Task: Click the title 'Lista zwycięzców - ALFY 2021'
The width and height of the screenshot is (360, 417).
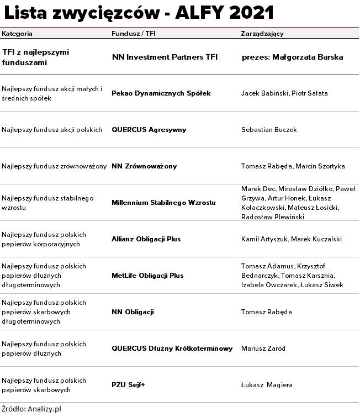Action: [x=139, y=13]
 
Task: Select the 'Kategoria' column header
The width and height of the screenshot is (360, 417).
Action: [x=17, y=34]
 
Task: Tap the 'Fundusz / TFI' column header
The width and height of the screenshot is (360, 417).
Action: [x=133, y=34]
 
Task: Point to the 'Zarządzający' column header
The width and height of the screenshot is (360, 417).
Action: [x=262, y=34]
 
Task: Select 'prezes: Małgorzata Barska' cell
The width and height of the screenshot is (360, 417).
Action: [x=293, y=57]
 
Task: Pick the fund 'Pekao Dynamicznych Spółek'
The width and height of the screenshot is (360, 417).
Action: [x=161, y=93]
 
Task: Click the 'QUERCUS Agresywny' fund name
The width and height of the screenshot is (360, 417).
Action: [x=149, y=130]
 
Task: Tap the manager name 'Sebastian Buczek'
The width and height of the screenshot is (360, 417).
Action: [x=269, y=130]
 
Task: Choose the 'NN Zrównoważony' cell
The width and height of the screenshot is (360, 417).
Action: [x=144, y=166]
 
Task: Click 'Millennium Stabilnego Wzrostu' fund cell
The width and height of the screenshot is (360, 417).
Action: [x=163, y=203]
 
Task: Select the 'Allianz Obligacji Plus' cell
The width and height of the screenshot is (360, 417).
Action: [x=146, y=239]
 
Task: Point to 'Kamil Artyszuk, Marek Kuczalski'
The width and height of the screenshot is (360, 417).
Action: [x=292, y=239]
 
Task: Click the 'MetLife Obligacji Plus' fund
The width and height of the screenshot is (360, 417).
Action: [x=147, y=276]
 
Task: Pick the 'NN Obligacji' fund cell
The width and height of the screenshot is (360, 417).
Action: [x=133, y=312]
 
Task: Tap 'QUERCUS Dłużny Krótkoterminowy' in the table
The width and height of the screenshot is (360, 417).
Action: [x=172, y=349]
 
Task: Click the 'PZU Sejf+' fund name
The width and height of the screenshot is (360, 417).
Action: [x=129, y=385]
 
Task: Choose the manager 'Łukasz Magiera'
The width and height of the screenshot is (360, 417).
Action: [x=267, y=385]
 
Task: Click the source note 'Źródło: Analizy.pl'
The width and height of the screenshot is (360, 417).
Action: [x=30, y=409]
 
